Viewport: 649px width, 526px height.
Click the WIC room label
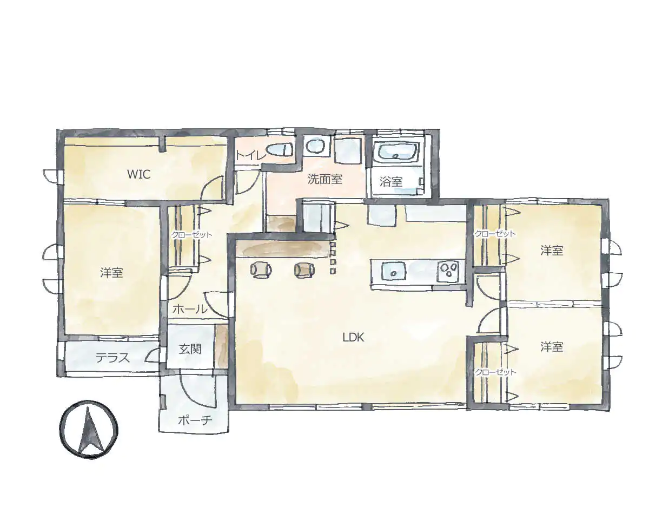(138, 174)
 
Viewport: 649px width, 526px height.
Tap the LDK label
(354, 337)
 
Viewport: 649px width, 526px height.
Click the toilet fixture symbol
(280, 150)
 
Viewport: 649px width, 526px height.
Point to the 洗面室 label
(325, 179)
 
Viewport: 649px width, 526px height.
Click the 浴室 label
(391, 182)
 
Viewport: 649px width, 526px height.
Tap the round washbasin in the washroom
(316, 147)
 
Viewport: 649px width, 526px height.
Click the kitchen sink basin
(394, 271)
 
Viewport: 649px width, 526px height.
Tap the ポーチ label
(195, 421)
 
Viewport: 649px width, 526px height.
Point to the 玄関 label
(190, 350)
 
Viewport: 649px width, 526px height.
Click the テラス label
(112, 358)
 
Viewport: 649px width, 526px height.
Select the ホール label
(190, 310)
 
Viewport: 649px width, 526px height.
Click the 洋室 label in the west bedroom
(111, 272)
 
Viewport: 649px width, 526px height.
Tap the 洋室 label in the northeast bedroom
(551, 251)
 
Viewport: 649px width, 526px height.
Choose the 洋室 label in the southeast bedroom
(551, 347)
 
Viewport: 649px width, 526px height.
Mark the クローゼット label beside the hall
(191, 235)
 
